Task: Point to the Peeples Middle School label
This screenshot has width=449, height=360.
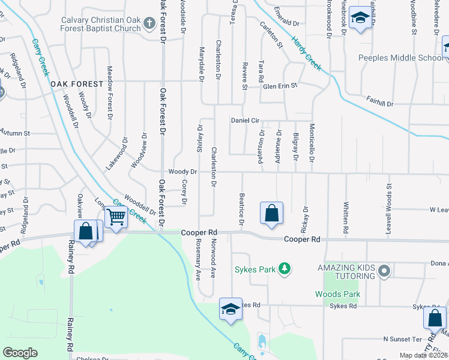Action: point(400,58)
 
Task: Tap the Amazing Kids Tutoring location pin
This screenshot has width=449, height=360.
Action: point(384,272)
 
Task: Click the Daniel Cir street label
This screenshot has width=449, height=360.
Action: point(249,120)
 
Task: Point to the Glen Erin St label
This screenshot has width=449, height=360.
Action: point(280,86)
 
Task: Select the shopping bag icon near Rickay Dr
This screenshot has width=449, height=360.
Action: point(271,213)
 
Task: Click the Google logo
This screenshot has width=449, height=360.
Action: point(20,353)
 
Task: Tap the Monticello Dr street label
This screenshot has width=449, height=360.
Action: point(312,143)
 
